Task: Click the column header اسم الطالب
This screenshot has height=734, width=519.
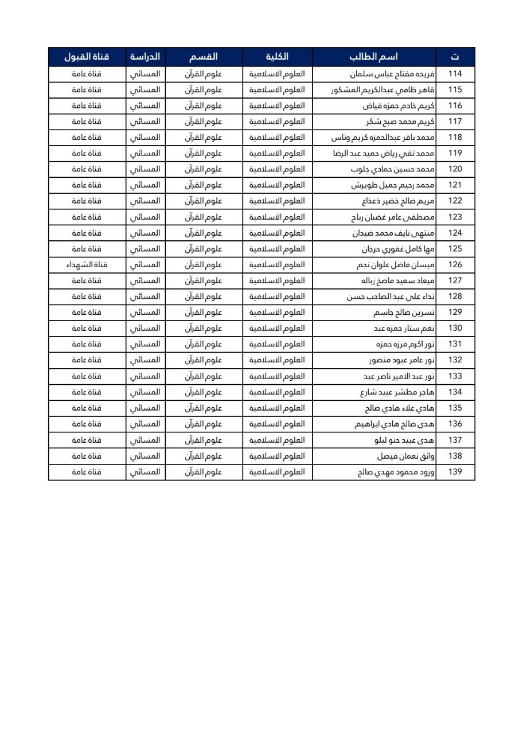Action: [x=374, y=57]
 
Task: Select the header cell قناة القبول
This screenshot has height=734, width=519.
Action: [x=87, y=57]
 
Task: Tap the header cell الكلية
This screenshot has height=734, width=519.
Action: [x=277, y=57]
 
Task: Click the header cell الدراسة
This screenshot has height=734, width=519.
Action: [x=145, y=57]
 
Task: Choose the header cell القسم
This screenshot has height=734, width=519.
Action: [x=204, y=57]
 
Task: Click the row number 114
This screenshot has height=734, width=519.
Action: [x=455, y=74]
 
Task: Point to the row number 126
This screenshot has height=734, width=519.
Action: [x=455, y=265]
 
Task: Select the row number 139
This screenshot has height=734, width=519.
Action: [x=455, y=472]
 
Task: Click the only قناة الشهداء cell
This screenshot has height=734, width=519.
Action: [x=87, y=265]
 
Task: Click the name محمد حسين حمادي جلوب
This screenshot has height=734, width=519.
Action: [x=393, y=169]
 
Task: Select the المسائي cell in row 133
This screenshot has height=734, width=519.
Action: [x=145, y=376]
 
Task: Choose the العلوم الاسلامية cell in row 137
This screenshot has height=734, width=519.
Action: [x=277, y=440]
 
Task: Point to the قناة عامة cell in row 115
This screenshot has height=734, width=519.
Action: [x=87, y=90]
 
